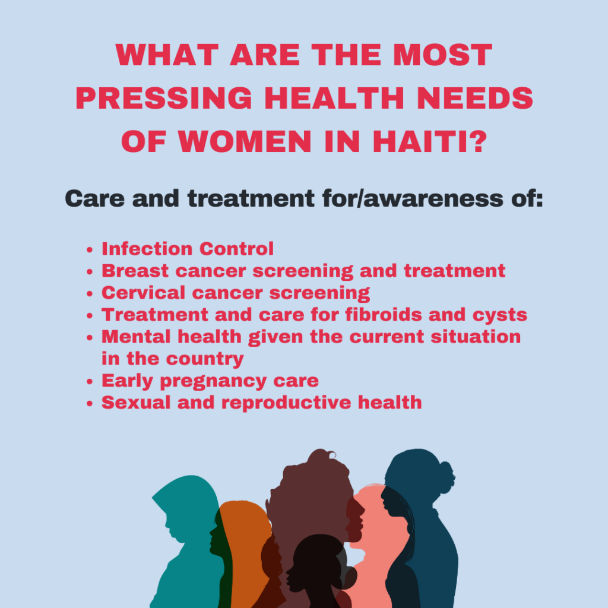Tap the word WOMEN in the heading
(x=245, y=141)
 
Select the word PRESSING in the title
(x=164, y=98)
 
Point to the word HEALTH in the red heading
(x=334, y=98)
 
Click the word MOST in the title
(x=442, y=55)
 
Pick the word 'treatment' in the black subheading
(x=251, y=198)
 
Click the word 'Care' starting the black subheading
(x=95, y=198)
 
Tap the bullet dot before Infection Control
(x=90, y=250)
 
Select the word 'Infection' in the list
(x=147, y=249)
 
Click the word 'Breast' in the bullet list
(x=135, y=271)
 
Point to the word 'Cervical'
(x=144, y=293)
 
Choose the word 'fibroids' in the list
(x=384, y=315)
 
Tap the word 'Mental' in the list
(x=136, y=337)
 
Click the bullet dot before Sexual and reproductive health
(x=90, y=404)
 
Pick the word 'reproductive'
(x=286, y=403)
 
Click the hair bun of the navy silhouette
(x=445, y=477)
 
